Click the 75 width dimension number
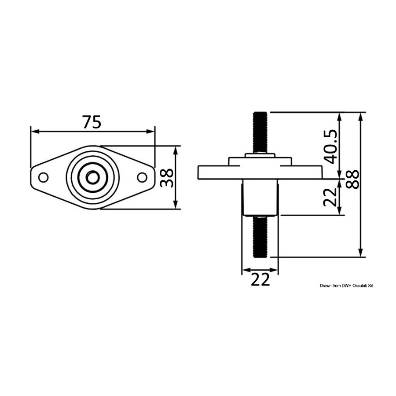pos(92,122)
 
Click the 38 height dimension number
pos(167,178)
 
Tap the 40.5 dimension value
pos(330,147)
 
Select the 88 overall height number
pos(352,180)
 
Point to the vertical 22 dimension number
pos(330,197)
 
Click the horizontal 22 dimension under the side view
pos(260,279)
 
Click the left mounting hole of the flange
pos(44,177)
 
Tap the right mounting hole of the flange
pos(142,177)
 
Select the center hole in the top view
pos(93,178)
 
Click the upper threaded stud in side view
pos(260,132)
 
